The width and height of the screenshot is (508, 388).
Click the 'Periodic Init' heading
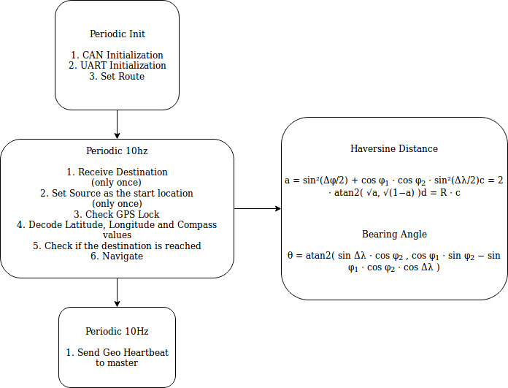tap(118, 34)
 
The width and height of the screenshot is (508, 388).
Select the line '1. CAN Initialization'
tap(117, 55)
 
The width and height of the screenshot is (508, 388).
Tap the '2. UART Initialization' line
tap(117, 65)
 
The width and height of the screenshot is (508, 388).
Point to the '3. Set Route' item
tap(117, 76)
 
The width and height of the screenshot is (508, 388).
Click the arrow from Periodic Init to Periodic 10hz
tap(117, 124)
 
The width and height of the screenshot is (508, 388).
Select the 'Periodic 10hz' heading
tap(117, 151)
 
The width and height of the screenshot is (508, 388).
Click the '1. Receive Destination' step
tap(117, 172)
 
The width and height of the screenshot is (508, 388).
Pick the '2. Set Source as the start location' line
tap(117, 193)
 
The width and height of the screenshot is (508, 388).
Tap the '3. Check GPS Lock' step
tap(117, 214)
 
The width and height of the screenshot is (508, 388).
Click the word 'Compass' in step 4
tap(197, 225)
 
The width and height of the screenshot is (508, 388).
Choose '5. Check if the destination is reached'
tap(117, 246)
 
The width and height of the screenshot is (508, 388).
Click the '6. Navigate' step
tap(117, 256)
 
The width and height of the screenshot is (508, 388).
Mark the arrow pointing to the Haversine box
tap(258, 208)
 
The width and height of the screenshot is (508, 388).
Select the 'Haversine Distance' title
tap(394, 148)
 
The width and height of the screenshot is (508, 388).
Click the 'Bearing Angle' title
tap(394, 234)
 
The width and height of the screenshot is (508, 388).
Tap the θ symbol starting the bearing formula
tap(290, 255)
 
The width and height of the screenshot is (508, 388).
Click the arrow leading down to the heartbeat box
tap(117, 292)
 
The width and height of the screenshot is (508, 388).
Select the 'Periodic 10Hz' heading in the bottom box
tap(117, 331)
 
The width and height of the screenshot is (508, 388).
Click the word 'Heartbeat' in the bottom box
tap(146, 352)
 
